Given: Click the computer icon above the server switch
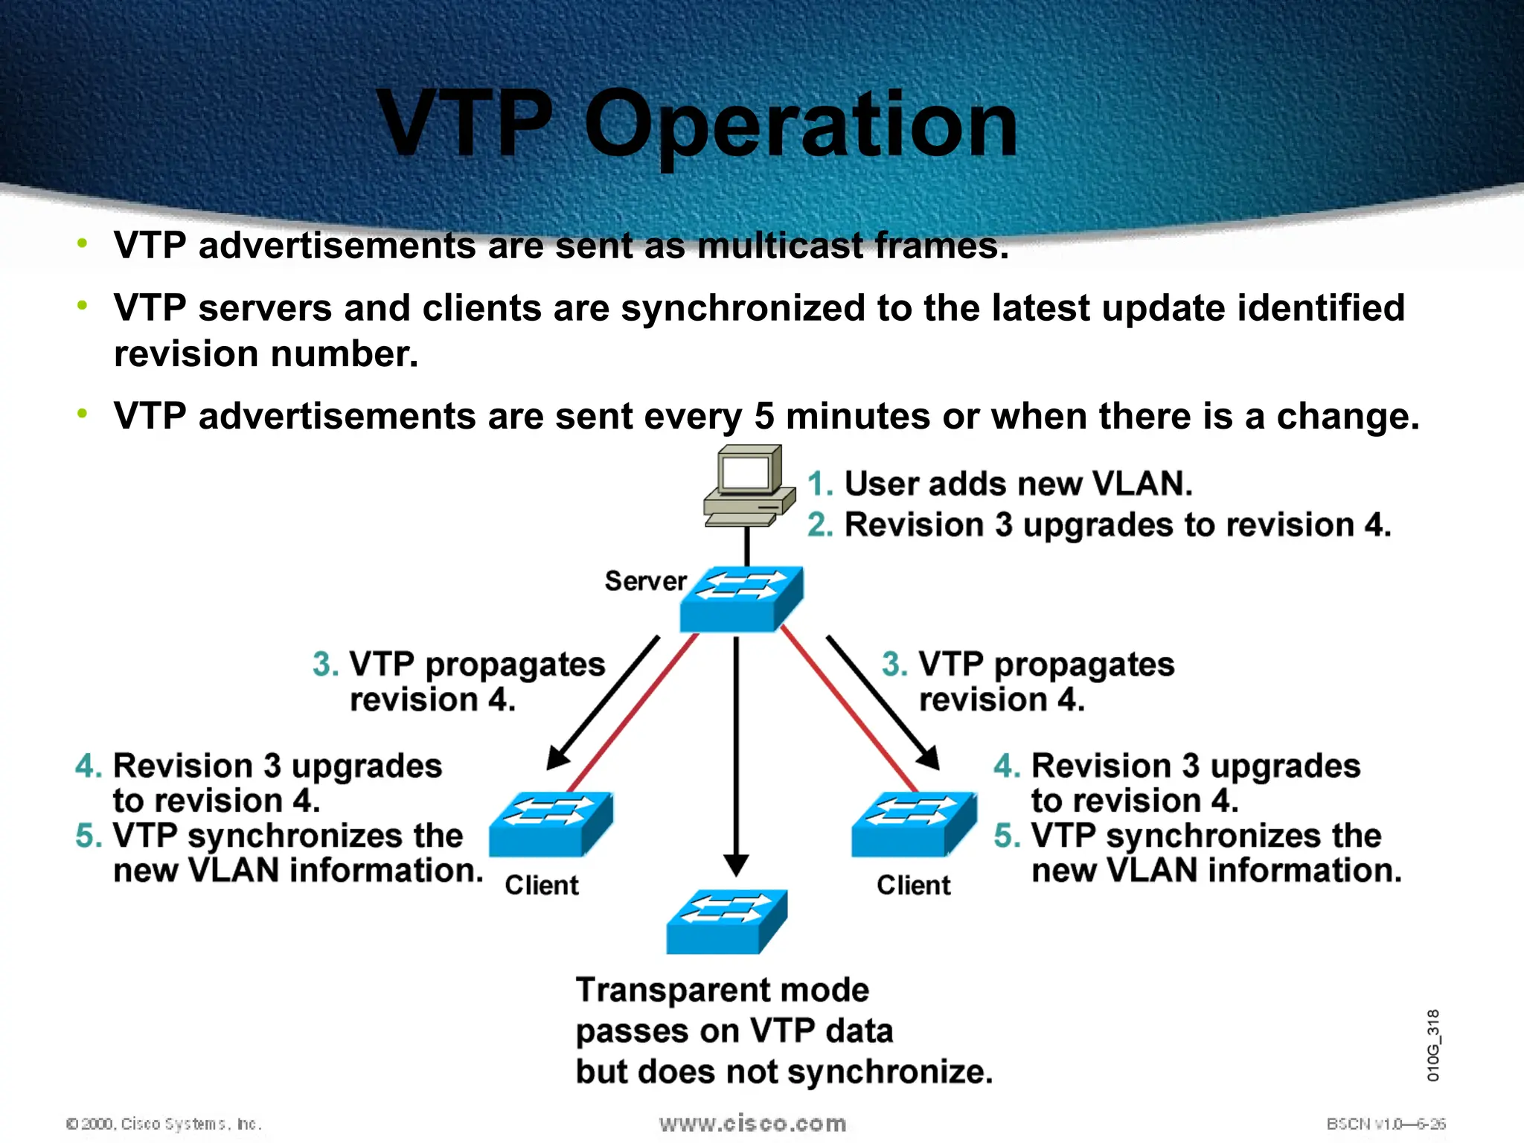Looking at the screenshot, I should pos(748,485).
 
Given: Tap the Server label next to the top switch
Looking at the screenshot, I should pos(645,581).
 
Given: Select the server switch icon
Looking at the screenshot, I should pos(741,600).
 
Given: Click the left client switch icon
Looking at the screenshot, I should pos(551,825).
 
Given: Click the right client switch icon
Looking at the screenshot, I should pos(914,825).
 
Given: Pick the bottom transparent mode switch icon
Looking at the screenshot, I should pos(726,922).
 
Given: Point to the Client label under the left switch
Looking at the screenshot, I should pos(541,886).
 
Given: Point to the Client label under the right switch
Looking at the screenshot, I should pos(913,886).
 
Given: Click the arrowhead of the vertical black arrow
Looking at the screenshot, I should pos(736,865).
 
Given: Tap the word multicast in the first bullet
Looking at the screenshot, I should pos(780,246).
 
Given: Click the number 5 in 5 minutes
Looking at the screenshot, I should pos(764,416).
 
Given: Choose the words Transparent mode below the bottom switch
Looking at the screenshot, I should pos(722,990).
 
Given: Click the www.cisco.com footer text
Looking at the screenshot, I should pos(752,1124).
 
